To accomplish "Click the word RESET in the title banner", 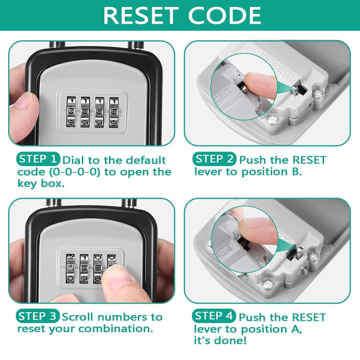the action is [141, 15].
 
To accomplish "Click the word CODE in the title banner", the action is [225, 15].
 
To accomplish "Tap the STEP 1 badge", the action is [38, 159].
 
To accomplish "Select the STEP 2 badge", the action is [214, 159].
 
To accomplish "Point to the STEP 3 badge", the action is [38, 316].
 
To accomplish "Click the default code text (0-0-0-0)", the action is [75, 172].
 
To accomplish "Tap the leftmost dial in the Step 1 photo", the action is [71, 112].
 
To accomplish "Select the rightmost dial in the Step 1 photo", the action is [114, 112].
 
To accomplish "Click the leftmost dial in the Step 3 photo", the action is [70, 268].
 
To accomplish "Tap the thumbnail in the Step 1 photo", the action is [24, 101].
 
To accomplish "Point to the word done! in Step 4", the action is [231, 340].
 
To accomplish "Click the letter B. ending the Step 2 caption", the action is [297, 171].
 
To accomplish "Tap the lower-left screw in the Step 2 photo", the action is [272, 120].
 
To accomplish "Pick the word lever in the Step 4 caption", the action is [207, 329].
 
